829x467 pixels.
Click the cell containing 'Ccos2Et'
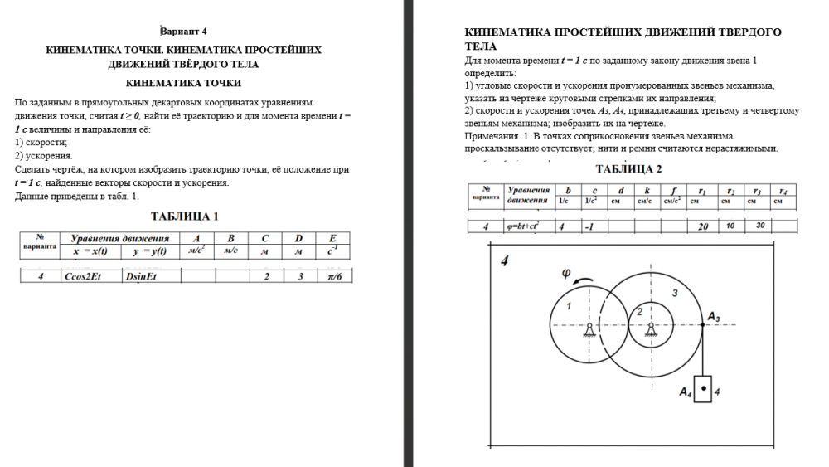click(82, 276)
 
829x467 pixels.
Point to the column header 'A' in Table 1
click(196, 239)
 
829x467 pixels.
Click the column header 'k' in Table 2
click(644, 190)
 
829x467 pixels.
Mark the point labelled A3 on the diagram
click(703, 324)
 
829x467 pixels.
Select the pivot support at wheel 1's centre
click(589, 330)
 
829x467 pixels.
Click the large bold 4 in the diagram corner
click(505, 263)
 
